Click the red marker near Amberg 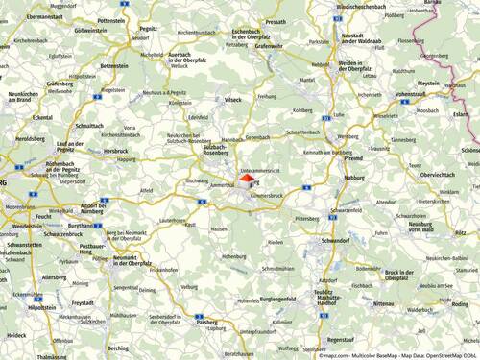(246, 179)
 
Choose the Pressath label (276, 21)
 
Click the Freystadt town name (83, 303)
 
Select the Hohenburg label (235, 256)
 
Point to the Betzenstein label (113, 66)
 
